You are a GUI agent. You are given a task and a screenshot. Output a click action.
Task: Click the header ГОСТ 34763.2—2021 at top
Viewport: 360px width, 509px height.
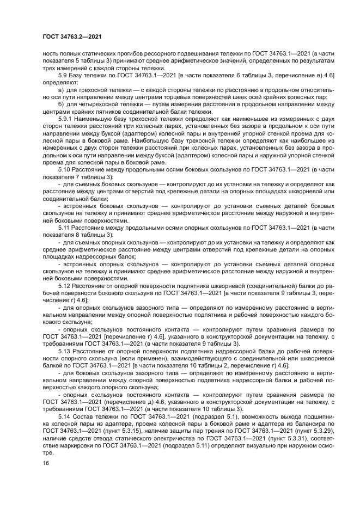coord(72,36)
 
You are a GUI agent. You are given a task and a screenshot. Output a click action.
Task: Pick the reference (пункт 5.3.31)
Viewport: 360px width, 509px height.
coord(284,438)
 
